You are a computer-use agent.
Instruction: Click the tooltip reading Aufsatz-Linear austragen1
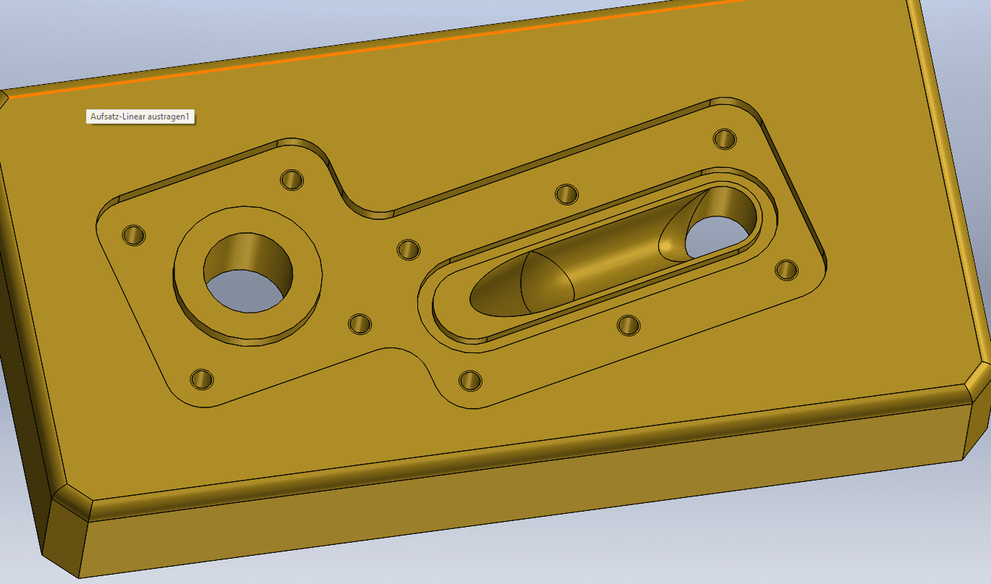(x=140, y=117)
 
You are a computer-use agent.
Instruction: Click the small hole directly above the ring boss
(x=292, y=179)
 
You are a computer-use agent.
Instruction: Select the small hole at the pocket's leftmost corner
(x=134, y=235)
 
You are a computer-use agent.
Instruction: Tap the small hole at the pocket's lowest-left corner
(x=202, y=379)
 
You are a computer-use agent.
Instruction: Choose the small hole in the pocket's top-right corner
(x=725, y=139)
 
